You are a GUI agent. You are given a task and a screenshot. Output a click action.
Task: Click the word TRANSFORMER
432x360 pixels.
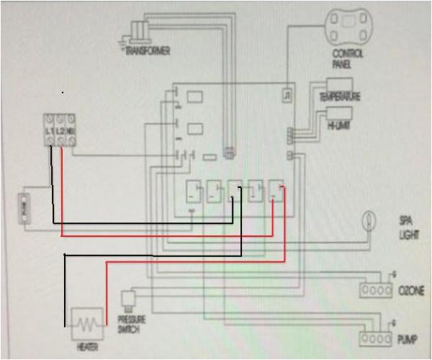(148, 52)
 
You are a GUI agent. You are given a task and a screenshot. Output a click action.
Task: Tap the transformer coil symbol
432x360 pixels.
(140, 30)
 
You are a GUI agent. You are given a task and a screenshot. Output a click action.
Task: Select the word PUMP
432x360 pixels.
(405, 338)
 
